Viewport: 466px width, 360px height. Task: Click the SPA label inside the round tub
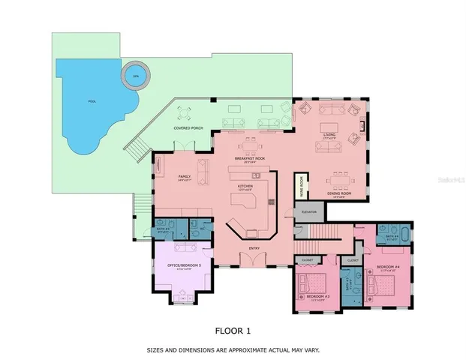tap(136, 76)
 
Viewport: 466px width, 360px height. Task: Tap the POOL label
tap(92, 100)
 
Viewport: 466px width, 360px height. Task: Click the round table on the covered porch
tap(185, 114)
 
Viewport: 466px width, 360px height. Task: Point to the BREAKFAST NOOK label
tap(249, 158)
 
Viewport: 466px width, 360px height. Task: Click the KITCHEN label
tap(245, 186)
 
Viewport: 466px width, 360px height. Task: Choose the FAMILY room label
tap(185, 176)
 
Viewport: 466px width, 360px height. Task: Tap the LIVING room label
tap(329, 135)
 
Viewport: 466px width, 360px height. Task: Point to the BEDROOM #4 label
tap(388, 266)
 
